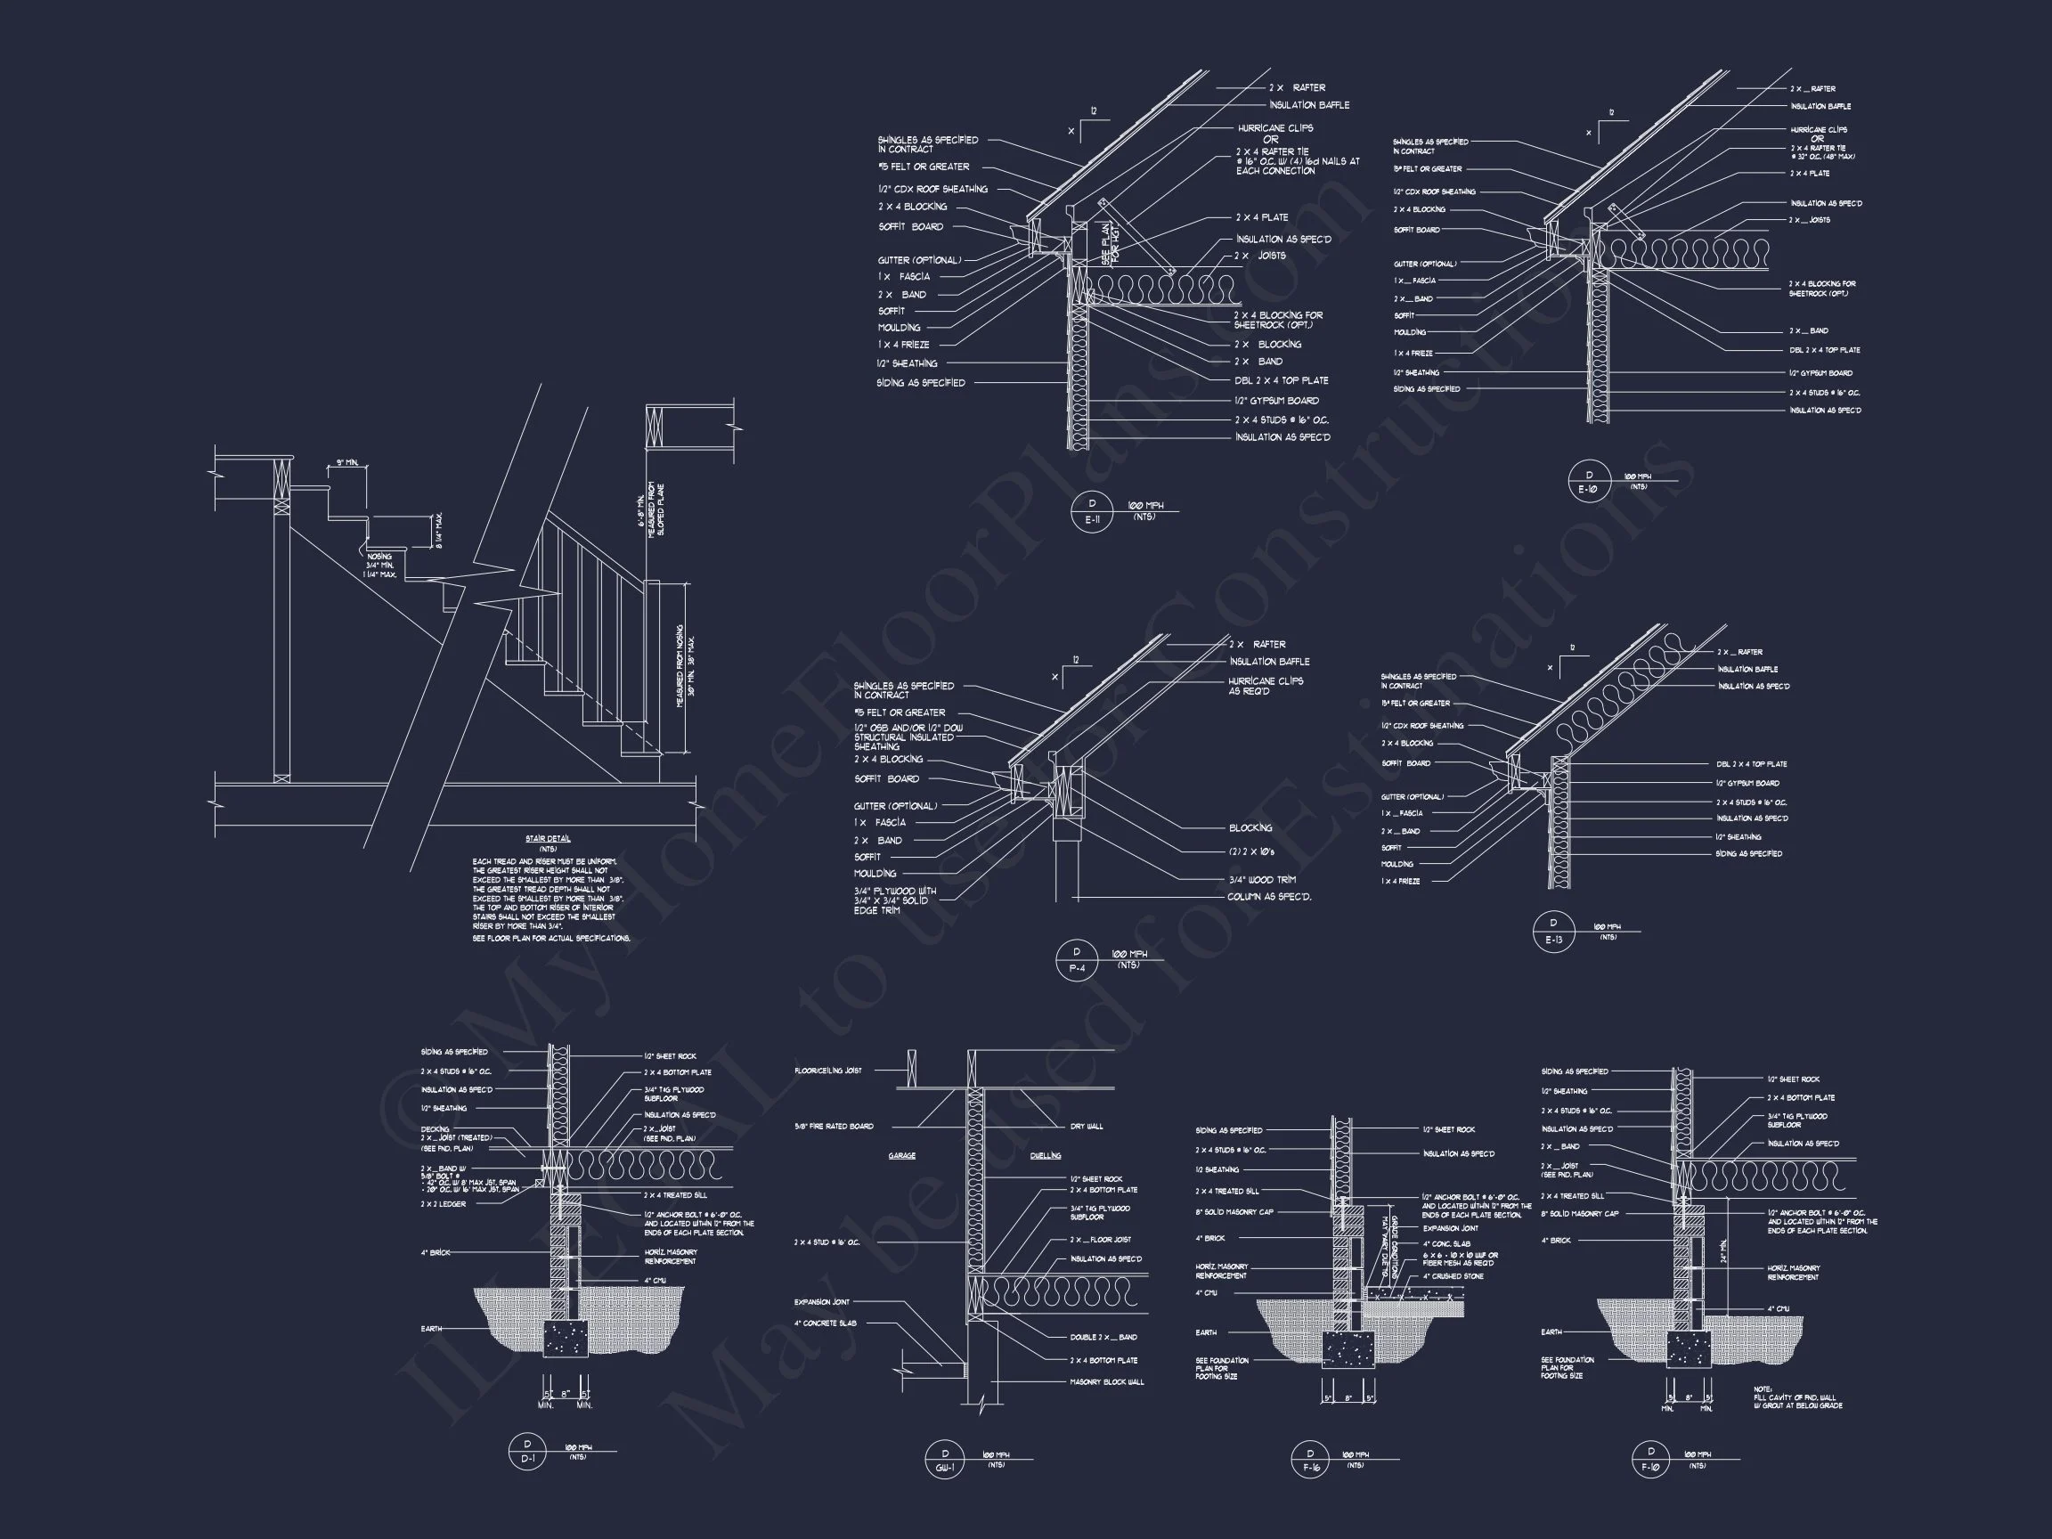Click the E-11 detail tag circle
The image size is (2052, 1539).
pos(1091,511)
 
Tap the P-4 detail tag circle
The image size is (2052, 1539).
pos(1076,960)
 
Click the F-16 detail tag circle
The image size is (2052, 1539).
pos(1310,1460)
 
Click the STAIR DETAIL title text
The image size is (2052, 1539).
pos(548,839)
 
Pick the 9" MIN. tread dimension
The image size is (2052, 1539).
pos(347,462)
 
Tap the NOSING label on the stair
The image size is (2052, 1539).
pos(379,557)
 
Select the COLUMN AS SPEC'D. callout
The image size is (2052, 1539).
pos(1269,897)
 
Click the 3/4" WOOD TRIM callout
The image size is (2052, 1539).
pos(1262,879)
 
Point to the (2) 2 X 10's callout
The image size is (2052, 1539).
pos(1251,851)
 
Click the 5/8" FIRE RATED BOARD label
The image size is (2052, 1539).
pos(833,1126)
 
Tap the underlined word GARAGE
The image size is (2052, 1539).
pos(901,1156)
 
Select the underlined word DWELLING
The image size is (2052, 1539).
pos(1046,1156)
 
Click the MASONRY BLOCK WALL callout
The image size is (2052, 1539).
pos(1107,1382)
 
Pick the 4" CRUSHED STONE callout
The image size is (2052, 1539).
pos(1453,1276)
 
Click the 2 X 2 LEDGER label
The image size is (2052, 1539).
pos(444,1204)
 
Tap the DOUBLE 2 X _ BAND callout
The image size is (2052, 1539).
pos(1103,1338)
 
